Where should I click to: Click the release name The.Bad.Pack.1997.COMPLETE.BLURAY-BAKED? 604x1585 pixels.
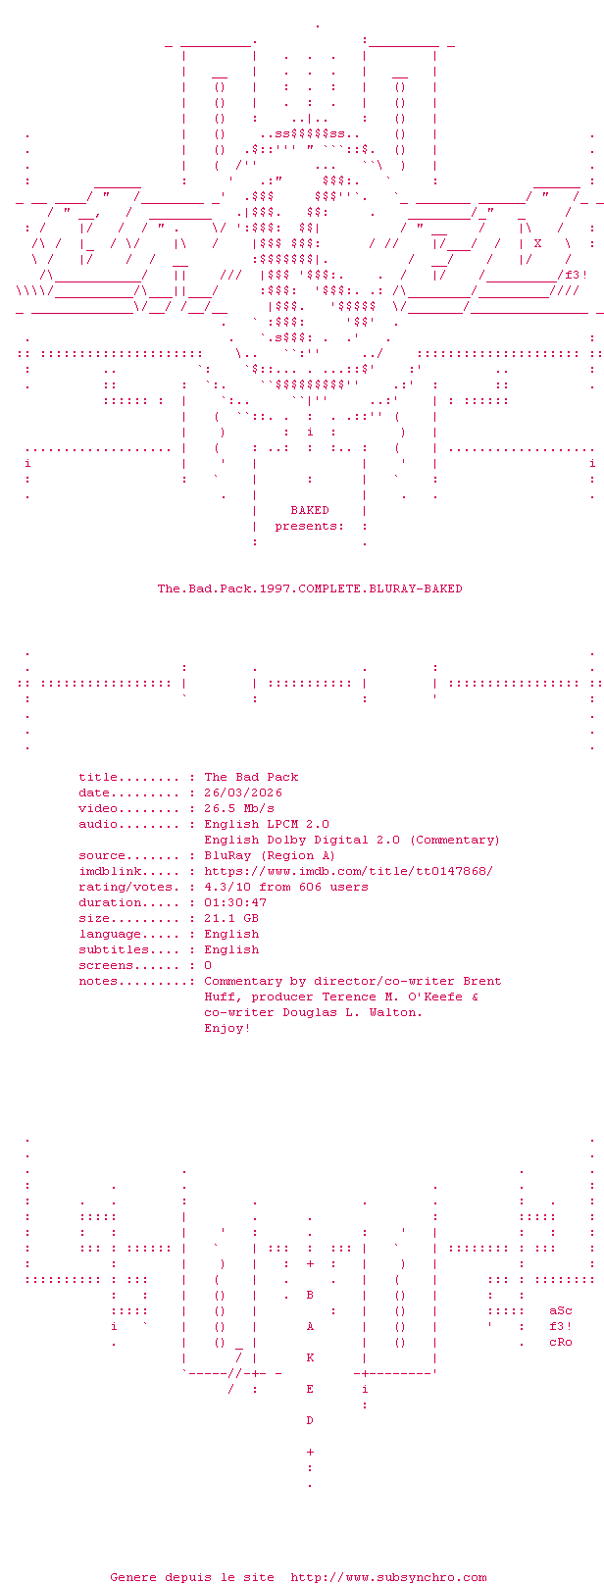[310, 588]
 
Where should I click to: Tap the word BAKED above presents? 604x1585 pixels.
[310, 510]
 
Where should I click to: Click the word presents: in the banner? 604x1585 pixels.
[309, 526]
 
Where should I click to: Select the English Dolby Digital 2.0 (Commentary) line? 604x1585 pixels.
[351, 840]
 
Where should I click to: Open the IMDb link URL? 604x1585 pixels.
[348, 871]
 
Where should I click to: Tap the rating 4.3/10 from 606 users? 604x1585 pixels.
[286, 887]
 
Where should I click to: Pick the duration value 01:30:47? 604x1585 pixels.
[235, 902]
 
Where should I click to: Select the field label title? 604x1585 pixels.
[97, 777]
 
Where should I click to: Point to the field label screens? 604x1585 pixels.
[105, 965]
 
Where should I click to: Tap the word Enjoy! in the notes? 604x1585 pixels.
[227, 1028]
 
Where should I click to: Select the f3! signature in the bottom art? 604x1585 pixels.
[561, 1326]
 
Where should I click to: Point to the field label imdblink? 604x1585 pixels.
[109, 871]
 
